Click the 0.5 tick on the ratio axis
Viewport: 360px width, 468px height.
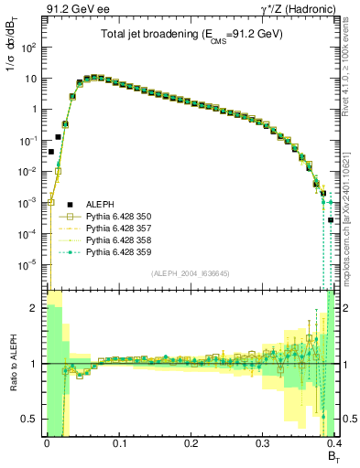pyautogui.click(x=29, y=420)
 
